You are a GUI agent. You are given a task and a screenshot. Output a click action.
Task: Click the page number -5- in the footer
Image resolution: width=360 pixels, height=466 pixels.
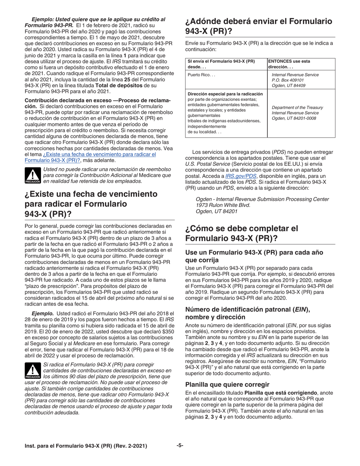pos(180,446)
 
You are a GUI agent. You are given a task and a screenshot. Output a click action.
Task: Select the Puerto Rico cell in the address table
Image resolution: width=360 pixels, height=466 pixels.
pos(201,75)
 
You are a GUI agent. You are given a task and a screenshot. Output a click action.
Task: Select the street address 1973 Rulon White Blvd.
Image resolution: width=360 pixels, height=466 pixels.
pos(223,205)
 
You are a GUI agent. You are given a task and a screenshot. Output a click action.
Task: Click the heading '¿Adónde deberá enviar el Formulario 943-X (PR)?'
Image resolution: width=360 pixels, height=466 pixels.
pos(258,26)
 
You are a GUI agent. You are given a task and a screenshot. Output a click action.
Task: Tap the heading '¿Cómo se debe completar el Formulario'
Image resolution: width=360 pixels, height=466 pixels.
pos(242,233)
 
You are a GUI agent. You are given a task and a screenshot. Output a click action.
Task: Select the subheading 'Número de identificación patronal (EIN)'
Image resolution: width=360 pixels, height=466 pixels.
pos(247,313)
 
